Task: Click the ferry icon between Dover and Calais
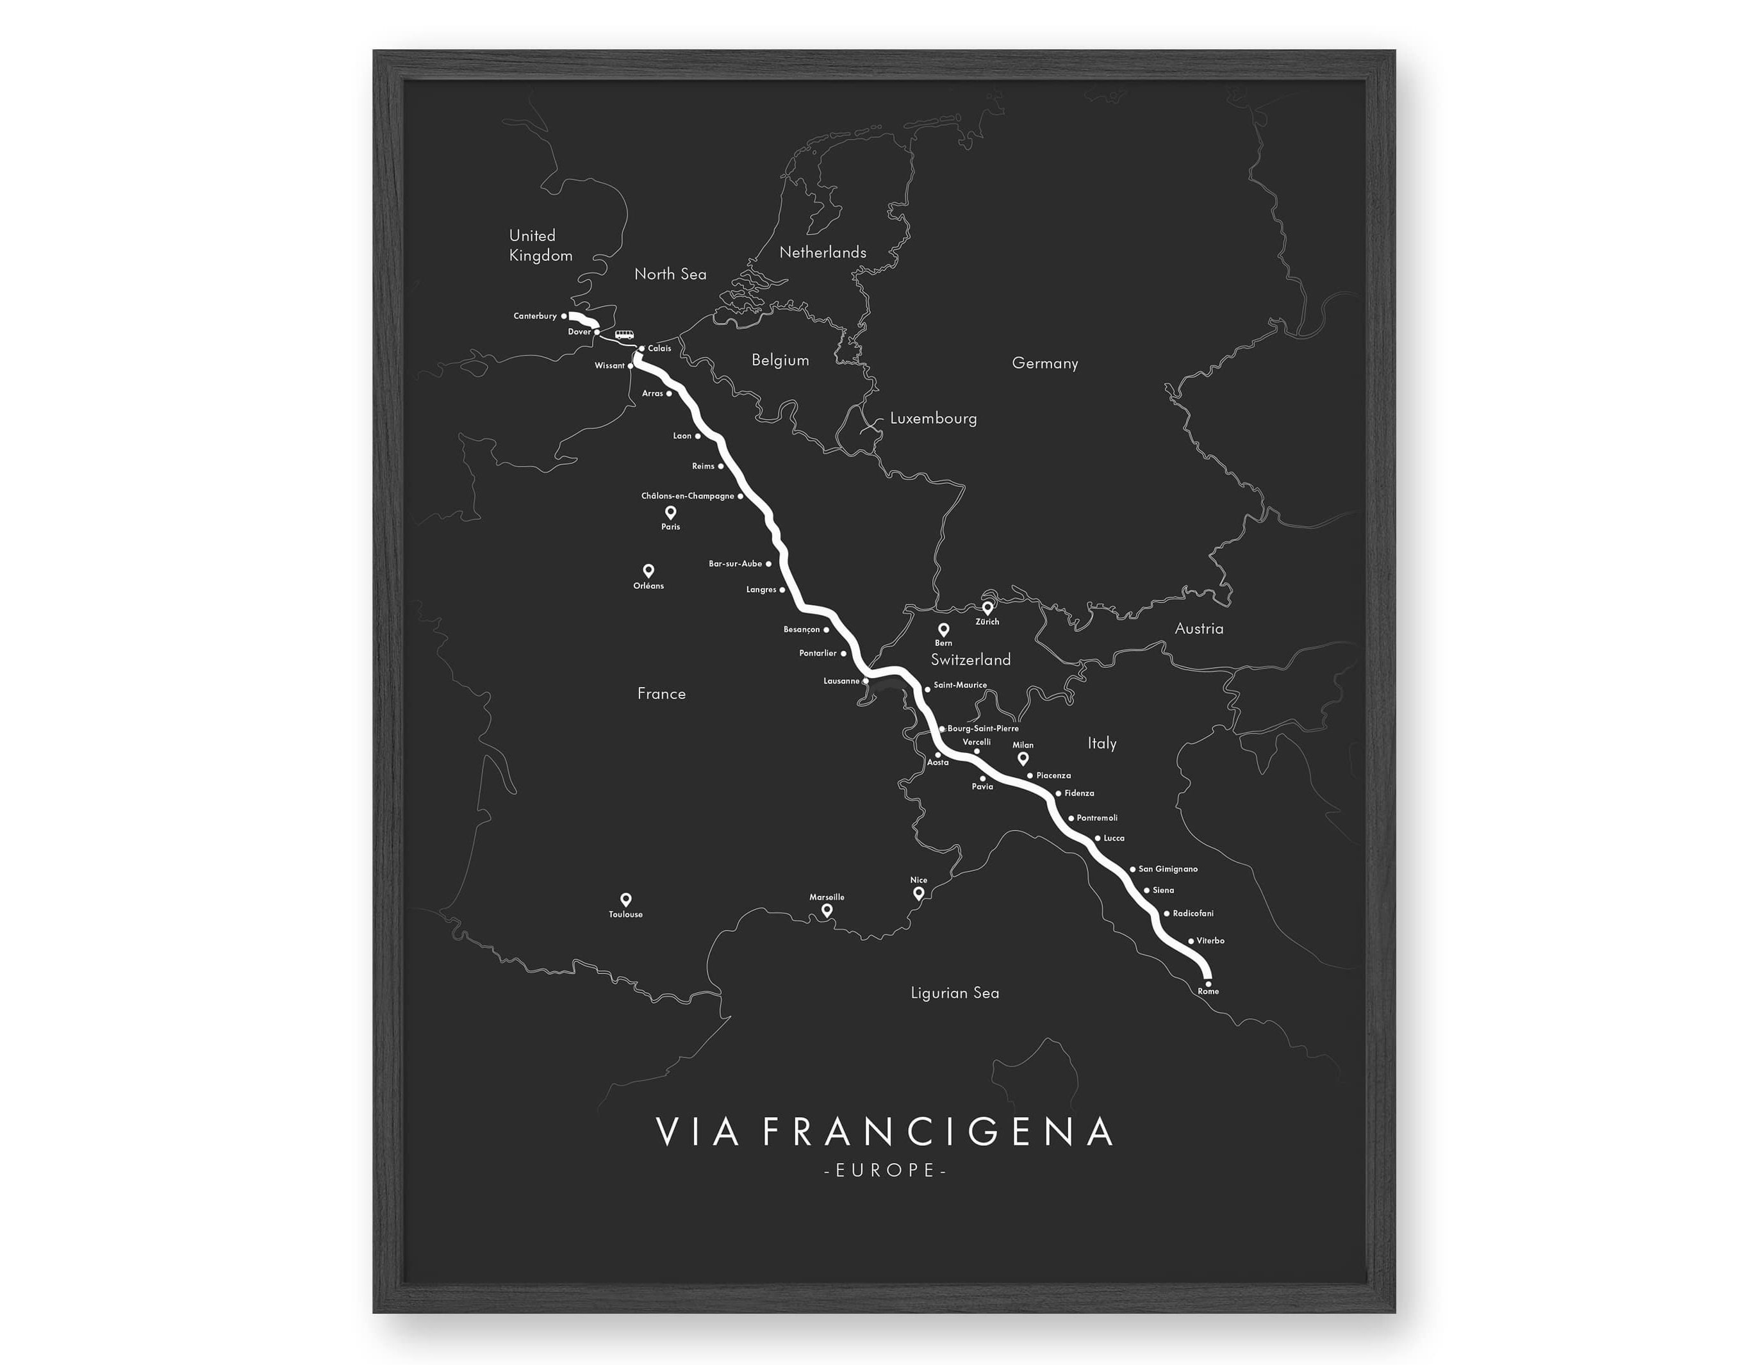[x=623, y=335]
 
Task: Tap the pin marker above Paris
[x=671, y=511]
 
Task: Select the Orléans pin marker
[x=648, y=570]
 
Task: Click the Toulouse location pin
[x=626, y=899]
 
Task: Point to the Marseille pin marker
[x=827, y=910]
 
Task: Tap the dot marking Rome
[x=1207, y=984]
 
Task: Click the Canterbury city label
[x=534, y=316]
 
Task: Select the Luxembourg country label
[x=933, y=418]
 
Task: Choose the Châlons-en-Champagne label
[x=688, y=496]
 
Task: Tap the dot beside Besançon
[x=826, y=630]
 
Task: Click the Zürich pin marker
[x=987, y=608]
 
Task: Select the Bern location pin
[x=943, y=629]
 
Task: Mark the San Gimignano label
[x=1168, y=869]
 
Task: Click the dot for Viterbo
[x=1191, y=941]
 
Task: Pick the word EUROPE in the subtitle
[x=886, y=1170]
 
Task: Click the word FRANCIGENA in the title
[x=937, y=1132]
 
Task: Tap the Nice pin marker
[x=918, y=893]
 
